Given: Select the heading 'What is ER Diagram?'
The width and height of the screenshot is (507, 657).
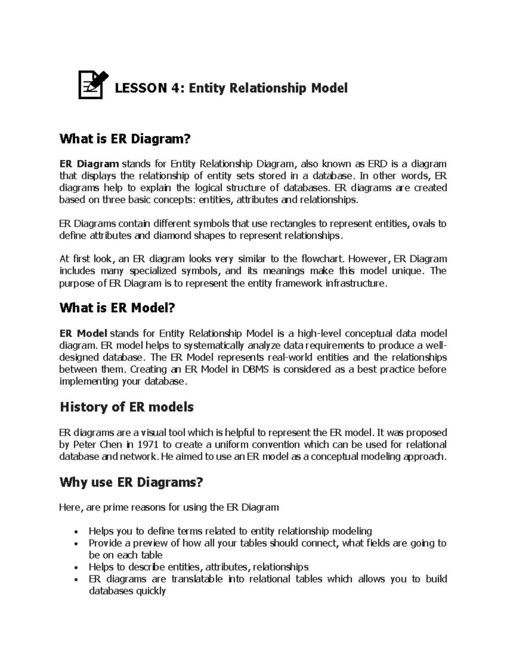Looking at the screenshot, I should [125, 139].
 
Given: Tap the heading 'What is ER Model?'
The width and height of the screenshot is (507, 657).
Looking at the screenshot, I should [117, 308].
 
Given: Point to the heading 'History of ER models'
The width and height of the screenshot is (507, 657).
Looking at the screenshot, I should [127, 407].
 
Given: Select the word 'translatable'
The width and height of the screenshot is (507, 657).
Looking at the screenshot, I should [196, 579].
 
